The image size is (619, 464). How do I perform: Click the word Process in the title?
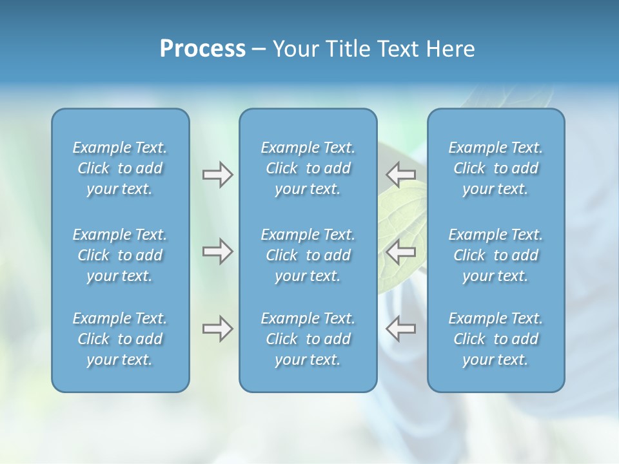pos(202,49)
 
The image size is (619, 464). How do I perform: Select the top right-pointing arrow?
pos(217,174)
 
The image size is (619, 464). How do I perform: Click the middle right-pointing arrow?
pos(217,251)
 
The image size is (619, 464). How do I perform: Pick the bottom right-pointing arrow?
pos(217,329)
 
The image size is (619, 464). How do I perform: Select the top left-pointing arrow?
pos(401,174)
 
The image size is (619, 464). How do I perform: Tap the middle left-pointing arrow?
pos(401,251)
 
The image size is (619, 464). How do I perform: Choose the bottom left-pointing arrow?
pos(401,329)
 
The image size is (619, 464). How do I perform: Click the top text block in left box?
pos(120,168)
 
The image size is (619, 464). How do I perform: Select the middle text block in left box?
pos(120,255)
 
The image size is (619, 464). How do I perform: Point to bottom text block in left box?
pos(120,339)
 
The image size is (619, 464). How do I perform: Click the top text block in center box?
pos(308,168)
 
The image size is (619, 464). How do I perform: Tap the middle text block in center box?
pos(308,255)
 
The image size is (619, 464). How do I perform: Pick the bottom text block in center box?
pos(308,339)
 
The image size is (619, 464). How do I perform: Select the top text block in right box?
pos(496,168)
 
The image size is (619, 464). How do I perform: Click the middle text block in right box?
pos(496,255)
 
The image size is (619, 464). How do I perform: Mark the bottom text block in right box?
pos(496,339)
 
